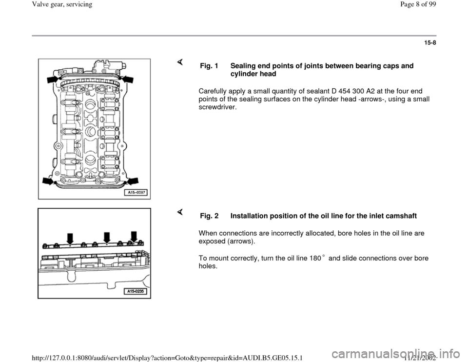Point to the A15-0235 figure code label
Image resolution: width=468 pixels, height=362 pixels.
pyautogui.click(x=135, y=292)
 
